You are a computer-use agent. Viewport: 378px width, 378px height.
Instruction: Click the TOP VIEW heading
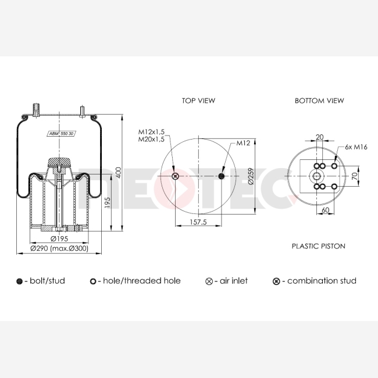pos(198,101)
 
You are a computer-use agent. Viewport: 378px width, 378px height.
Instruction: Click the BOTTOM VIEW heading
pos(319,101)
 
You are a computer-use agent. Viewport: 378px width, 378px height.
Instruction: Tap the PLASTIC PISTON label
pos(319,246)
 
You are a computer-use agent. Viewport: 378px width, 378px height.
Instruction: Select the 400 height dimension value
pos(119,173)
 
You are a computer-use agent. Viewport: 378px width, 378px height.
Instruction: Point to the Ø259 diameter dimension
pos(251,176)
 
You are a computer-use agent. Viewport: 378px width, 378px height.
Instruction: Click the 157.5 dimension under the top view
pos(198,222)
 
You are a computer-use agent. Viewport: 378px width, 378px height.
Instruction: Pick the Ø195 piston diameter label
pos(59,238)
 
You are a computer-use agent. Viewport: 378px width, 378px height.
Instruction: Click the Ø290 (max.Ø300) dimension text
pos(59,248)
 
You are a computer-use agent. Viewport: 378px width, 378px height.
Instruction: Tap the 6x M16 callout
pos(356,147)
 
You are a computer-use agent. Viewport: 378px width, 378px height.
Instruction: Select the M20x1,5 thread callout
pos(151,139)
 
